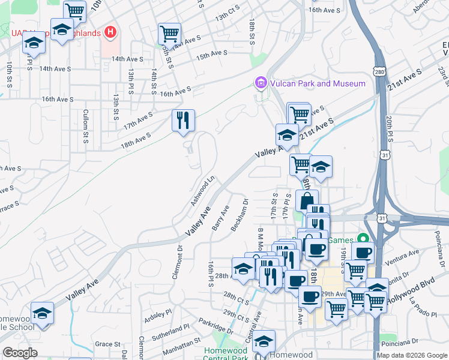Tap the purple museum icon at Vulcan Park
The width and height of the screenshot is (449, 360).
tap(261, 83)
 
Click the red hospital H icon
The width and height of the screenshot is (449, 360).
tap(110, 32)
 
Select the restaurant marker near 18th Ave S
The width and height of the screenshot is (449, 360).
tap(183, 121)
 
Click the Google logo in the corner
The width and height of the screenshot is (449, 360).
tap(20, 353)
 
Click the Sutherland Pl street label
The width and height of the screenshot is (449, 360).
tap(169, 331)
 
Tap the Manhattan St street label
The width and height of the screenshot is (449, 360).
tap(181, 344)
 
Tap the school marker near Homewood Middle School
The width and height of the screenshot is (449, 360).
tap(42, 313)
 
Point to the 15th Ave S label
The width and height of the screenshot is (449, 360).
tap(212, 54)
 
